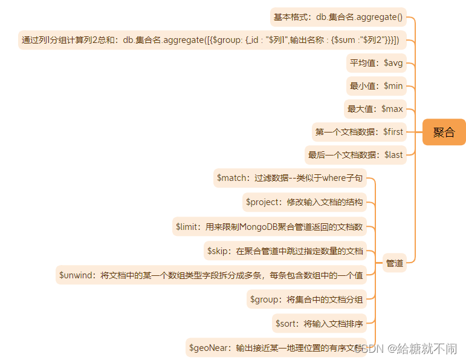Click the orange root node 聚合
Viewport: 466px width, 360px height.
click(444, 132)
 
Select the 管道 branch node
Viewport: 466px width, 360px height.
click(395, 263)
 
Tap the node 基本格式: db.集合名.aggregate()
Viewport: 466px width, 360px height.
click(338, 17)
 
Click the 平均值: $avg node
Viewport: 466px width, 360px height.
click(375, 63)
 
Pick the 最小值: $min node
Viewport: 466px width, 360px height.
click(375, 86)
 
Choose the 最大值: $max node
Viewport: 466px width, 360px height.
click(375, 109)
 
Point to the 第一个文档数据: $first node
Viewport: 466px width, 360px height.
click(359, 131)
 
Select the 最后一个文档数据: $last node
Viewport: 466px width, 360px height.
click(355, 155)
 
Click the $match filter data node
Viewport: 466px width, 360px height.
click(290, 178)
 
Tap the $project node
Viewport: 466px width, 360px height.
click(304, 202)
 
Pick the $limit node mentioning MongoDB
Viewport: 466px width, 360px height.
click(269, 227)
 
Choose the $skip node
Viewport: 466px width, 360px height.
click(285, 250)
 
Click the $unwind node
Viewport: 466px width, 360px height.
click(211, 275)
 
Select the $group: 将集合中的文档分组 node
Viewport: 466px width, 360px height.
click(306, 299)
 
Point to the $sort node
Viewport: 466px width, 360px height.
click(319, 324)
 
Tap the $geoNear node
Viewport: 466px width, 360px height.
click(276, 348)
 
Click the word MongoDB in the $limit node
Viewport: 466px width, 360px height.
click(262, 227)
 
